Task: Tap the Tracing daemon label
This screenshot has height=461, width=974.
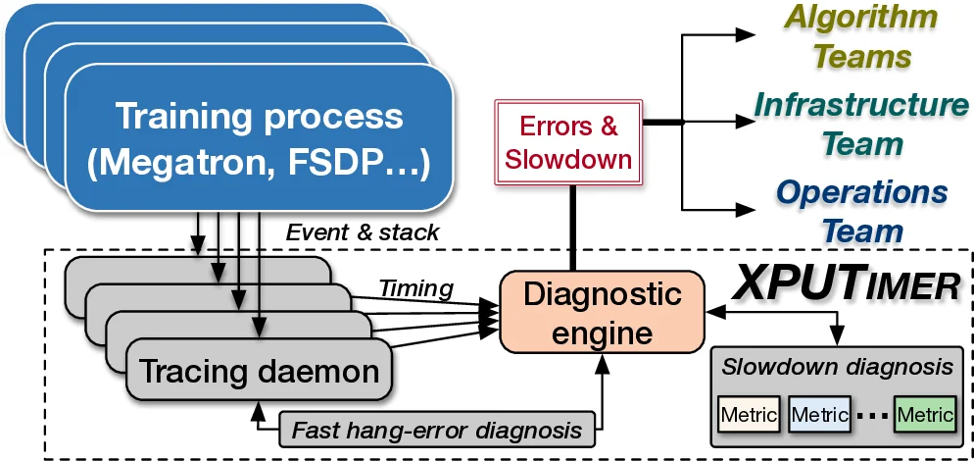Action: [x=259, y=372]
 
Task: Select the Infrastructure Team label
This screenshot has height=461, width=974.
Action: [x=861, y=124]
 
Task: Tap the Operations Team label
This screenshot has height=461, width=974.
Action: [x=861, y=211]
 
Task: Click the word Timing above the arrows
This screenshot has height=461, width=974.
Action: [x=416, y=287]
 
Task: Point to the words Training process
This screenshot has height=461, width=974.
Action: [x=259, y=116]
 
